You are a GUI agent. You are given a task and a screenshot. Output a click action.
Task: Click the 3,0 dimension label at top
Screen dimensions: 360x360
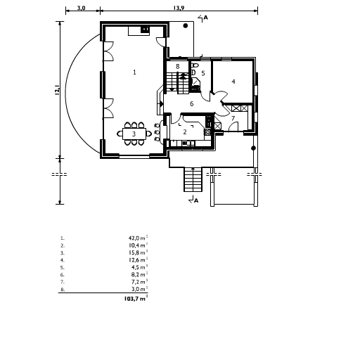(81, 8)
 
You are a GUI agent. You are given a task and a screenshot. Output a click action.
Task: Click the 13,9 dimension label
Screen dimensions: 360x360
(179, 8)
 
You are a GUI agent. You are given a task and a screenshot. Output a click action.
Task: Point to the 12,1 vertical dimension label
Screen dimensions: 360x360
(57, 91)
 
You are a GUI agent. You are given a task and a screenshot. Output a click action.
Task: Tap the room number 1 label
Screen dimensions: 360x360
(134, 72)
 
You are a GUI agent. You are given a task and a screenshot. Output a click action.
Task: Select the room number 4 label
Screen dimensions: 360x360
(233, 82)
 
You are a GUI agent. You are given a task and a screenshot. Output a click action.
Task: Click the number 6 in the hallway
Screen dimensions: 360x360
(192, 103)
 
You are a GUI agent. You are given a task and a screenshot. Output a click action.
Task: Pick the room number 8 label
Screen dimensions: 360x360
(178, 66)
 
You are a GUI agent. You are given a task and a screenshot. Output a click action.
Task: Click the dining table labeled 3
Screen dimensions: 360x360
(134, 134)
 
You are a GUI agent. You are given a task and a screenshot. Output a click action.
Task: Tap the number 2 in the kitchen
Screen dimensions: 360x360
(185, 132)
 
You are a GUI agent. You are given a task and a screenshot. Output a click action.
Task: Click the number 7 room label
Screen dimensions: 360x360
(233, 118)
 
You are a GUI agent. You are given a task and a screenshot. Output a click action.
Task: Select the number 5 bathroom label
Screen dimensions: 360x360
(203, 73)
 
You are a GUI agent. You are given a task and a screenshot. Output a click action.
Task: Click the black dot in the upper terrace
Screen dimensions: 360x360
(186, 26)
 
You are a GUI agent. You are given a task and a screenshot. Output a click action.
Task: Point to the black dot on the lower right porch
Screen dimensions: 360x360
(253, 148)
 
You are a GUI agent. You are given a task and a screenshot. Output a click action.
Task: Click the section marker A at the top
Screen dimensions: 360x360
(205, 18)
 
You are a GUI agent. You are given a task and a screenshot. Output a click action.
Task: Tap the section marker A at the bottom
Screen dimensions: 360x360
(196, 200)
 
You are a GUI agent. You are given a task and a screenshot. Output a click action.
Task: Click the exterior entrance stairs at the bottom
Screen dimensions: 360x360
(193, 179)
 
